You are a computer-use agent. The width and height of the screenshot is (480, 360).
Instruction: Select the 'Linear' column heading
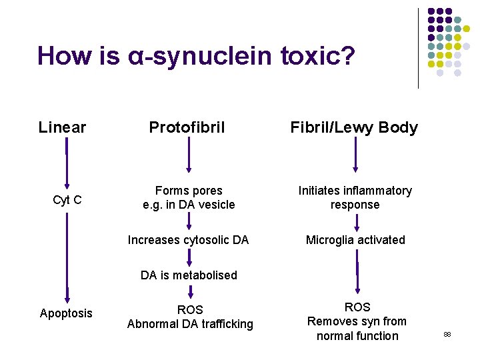[x=62, y=127]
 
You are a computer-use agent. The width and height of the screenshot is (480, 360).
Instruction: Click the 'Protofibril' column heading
[x=187, y=127]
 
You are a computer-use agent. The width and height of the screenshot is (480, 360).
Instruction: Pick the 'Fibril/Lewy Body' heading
[x=354, y=127]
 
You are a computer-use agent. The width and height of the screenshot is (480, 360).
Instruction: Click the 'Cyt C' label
[x=67, y=199]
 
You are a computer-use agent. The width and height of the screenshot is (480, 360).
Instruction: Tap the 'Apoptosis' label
[x=66, y=313]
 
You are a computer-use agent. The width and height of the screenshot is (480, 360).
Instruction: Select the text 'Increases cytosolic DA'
[x=188, y=240]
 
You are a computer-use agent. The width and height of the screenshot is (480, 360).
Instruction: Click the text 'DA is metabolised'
[x=189, y=275]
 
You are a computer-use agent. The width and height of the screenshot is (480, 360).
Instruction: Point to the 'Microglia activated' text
[x=355, y=240]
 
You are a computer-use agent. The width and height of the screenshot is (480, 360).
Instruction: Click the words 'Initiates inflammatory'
[x=355, y=191]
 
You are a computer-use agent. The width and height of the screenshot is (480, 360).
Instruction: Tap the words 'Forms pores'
[x=189, y=191]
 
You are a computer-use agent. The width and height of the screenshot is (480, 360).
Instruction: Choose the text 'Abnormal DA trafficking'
[x=190, y=325]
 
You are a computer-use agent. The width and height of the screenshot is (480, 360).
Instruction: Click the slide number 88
[x=447, y=333]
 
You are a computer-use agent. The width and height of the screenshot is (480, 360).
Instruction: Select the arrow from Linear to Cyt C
[x=66, y=163]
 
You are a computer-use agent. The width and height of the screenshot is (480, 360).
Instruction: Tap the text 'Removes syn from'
[x=357, y=321]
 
